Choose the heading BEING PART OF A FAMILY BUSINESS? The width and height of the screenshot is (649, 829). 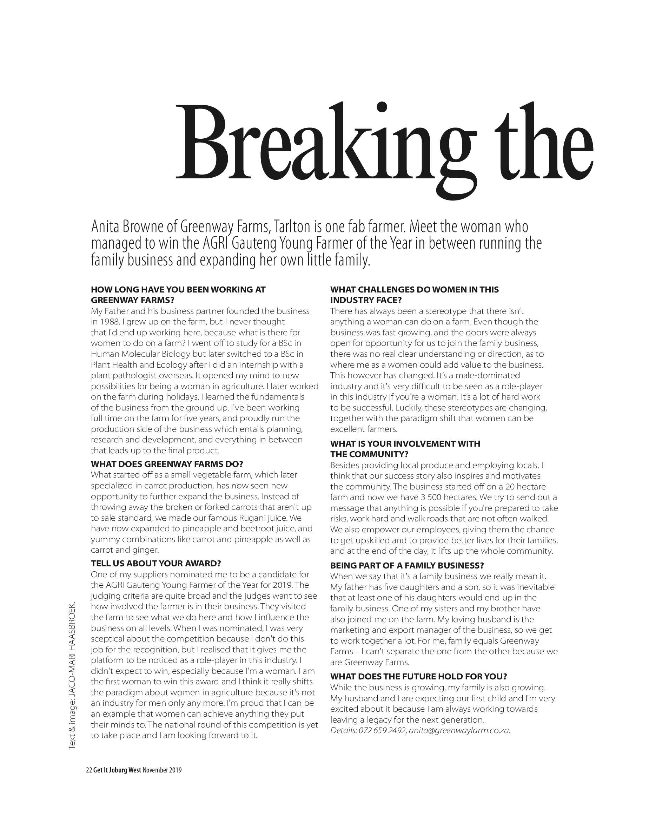click(x=407, y=565)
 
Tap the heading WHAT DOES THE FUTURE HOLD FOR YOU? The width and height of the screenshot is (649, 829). click(x=418, y=677)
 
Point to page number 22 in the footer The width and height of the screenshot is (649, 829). click(x=89, y=770)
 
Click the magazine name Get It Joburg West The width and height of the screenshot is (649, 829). click(x=117, y=770)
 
